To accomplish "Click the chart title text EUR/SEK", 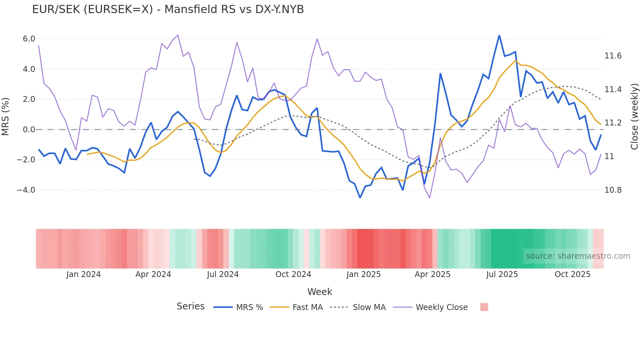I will pos(168,9).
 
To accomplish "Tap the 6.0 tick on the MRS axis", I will pos(29,39).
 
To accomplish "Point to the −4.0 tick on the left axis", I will pos(26,190).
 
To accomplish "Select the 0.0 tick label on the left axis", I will pos(29,130).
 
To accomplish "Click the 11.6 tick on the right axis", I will pos(613,56).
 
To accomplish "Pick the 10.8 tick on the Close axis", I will pos(613,190).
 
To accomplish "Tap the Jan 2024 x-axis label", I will pos(83,274).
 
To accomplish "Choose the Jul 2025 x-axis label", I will pos(502,274).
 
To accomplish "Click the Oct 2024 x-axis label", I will pos(293,274).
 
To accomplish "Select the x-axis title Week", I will pos(320,292).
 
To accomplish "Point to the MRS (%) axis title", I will pos(6,116).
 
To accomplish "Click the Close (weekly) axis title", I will pos(634,116).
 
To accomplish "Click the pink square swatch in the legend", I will pos(484,307).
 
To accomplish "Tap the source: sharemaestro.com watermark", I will pos(578,256).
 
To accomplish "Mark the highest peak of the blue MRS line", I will pos(499,35).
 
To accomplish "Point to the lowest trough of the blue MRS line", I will pos(360,198).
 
